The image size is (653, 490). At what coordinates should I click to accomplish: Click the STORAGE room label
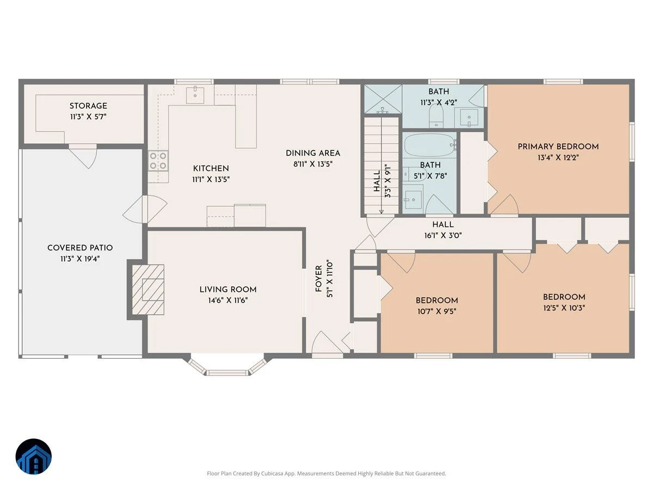click(88, 106)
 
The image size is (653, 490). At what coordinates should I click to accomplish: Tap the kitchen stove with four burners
click(158, 161)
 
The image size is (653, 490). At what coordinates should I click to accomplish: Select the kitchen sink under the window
click(195, 95)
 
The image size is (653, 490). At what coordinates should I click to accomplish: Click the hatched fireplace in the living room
click(148, 290)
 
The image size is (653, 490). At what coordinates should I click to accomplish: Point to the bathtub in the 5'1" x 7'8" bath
click(429, 145)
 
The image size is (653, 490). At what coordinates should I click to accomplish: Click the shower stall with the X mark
click(383, 99)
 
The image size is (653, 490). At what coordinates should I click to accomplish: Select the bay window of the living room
click(227, 366)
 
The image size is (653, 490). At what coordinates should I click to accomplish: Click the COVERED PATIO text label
click(80, 248)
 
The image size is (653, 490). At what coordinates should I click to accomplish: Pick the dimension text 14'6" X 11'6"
click(228, 301)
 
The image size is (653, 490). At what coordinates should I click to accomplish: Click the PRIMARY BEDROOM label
click(558, 146)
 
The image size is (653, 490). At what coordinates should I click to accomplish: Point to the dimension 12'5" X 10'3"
click(564, 308)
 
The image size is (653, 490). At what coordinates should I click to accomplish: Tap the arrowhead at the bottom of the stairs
click(381, 212)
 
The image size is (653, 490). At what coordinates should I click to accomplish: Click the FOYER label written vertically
click(319, 279)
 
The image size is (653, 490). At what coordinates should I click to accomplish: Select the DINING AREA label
click(313, 153)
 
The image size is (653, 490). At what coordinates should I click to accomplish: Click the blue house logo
click(34, 456)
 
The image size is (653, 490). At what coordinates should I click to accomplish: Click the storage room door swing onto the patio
click(84, 156)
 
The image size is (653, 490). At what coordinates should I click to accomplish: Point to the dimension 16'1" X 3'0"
click(443, 236)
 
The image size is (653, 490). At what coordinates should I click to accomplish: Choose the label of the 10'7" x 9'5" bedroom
click(437, 301)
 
